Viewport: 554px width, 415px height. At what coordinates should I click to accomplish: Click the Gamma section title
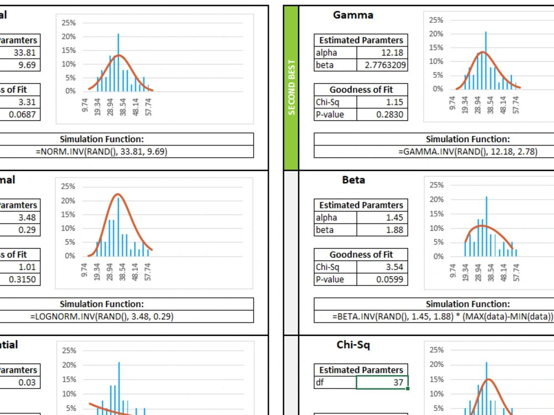coord(353,15)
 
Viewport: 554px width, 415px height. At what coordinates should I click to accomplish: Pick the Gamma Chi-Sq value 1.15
coord(394,102)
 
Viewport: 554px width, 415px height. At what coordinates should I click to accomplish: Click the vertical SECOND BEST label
coord(291,87)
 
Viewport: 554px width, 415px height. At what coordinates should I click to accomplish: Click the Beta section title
coord(353,180)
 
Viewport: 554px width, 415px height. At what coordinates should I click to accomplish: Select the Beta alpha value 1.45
coord(394,217)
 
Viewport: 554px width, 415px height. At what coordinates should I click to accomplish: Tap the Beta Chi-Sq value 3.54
coord(394,267)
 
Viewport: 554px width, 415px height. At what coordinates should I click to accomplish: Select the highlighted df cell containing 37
coord(382,382)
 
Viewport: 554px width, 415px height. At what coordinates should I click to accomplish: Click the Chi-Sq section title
coord(353,345)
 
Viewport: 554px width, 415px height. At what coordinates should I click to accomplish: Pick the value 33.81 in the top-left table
coord(24,53)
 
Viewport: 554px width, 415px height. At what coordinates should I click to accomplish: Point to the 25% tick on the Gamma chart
coord(435,20)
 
